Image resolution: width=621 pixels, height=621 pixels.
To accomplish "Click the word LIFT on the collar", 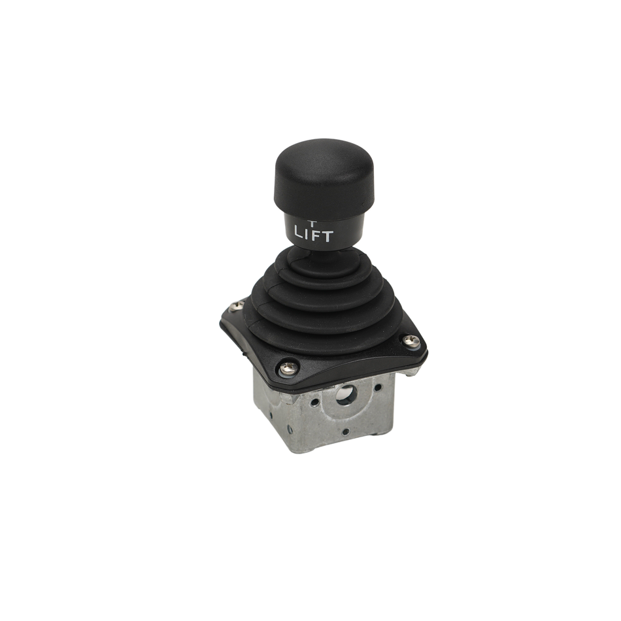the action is pos(313,234).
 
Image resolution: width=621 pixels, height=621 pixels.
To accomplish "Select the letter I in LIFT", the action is pos(306,233).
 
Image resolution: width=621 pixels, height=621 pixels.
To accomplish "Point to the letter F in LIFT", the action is pos(314,235).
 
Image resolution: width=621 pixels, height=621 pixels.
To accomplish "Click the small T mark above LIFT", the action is pos(312,222).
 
